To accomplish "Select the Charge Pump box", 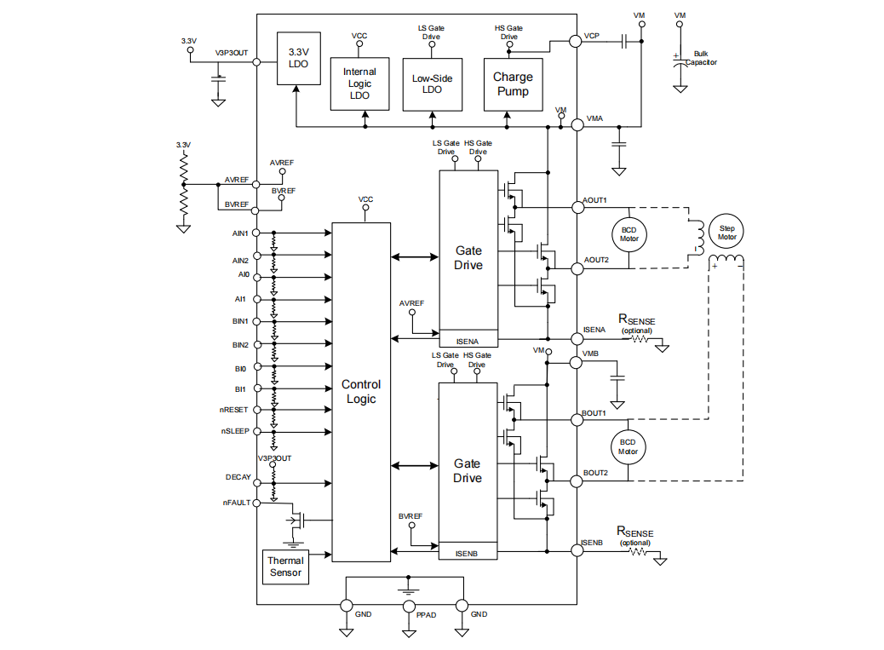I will pyautogui.click(x=513, y=84).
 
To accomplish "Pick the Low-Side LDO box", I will pyautogui.click(x=432, y=83).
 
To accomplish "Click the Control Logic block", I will pyautogui.click(x=361, y=392).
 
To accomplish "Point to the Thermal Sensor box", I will pyautogui.click(x=285, y=567).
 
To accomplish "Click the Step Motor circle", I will pyautogui.click(x=726, y=231).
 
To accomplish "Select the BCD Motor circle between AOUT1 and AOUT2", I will pyautogui.click(x=629, y=233).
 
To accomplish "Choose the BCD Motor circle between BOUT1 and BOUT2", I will pyautogui.click(x=629, y=446).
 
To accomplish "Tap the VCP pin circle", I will pyautogui.click(x=577, y=40).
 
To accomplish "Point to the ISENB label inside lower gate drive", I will pyautogui.click(x=467, y=554).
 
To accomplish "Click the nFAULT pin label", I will pyautogui.click(x=237, y=503).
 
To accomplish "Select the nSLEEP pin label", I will pyautogui.click(x=235, y=431).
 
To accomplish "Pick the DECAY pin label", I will pyautogui.click(x=238, y=478).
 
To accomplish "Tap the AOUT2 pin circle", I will pyautogui.click(x=577, y=268).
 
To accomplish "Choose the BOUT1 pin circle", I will pyautogui.click(x=577, y=420).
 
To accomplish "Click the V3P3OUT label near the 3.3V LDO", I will pyautogui.click(x=232, y=52).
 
